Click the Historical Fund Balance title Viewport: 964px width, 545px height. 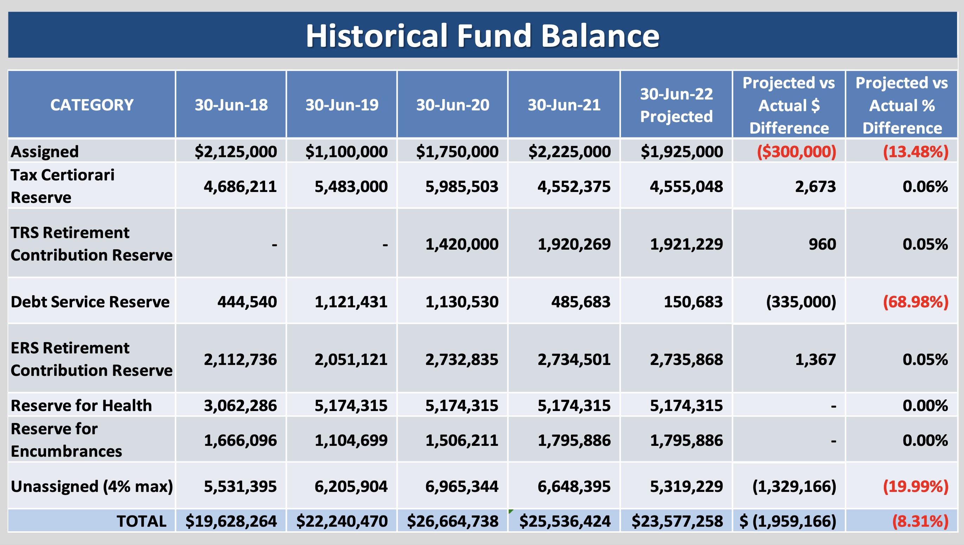(482, 36)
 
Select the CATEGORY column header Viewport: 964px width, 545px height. (92, 105)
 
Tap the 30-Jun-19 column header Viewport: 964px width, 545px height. (342, 105)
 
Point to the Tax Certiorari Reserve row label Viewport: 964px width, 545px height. (63, 186)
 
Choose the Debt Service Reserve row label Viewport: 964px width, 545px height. (90, 302)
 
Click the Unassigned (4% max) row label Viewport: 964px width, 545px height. (92, 486)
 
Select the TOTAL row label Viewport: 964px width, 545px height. (141, 521)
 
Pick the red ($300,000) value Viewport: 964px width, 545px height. (796, 152)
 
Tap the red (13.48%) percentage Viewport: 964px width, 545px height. (916, 152)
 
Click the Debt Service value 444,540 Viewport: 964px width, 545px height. (247, 302)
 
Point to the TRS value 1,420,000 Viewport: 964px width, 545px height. (462, 244)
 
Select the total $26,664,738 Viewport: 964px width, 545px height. (453, 521)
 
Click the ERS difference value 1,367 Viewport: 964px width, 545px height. (815, 360)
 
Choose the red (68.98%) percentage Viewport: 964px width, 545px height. (916, 302)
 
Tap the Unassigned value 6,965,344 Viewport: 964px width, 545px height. (462, 487)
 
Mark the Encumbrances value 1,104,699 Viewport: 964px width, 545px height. (351, 440)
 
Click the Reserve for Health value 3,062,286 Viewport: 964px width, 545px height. (240, 406)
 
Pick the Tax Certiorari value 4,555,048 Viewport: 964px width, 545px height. (686, 186)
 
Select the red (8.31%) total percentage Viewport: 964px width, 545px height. (920, 521)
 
